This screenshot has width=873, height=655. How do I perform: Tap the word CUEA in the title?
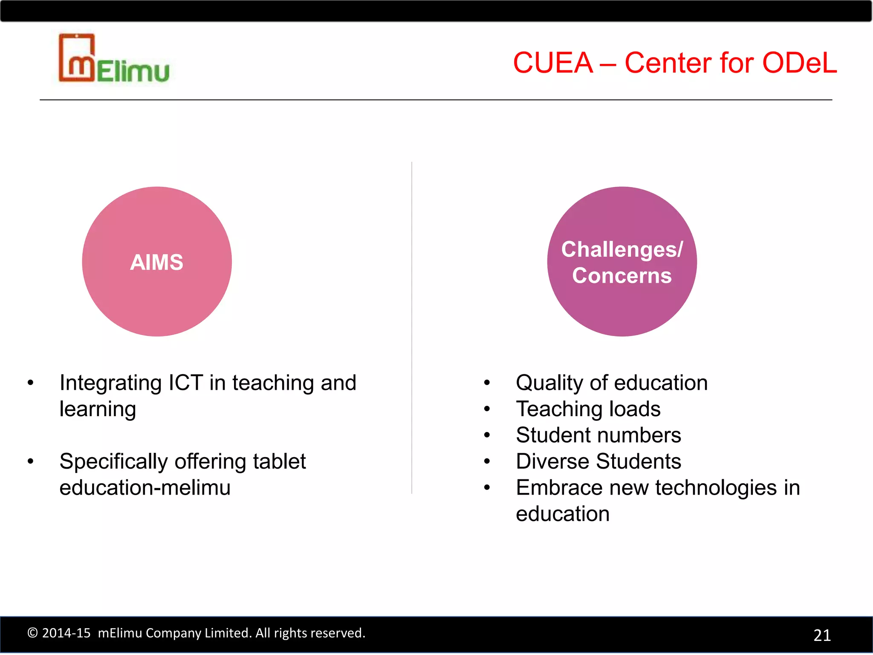tap(553, 63)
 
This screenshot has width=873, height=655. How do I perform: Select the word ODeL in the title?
tap(799, 63)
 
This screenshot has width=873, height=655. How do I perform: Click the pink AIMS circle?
tap(157, 261)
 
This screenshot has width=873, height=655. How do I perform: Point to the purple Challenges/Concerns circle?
tap(622, 261)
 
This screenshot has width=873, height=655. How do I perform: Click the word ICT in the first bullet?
tap(185, 383)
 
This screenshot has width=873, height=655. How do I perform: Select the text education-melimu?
tap(145, 488)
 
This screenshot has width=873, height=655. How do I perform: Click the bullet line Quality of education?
tap(611, 383)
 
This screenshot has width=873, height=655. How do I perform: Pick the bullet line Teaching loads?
tap(588, 409)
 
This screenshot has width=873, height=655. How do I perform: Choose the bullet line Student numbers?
tap(598, 435)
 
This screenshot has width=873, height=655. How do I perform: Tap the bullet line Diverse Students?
tap(598, 461)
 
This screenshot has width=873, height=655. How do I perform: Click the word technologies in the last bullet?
tap(716, 488)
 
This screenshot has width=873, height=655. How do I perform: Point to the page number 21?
tap(822, 635)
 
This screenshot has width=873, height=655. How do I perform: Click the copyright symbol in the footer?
tap(32, 633)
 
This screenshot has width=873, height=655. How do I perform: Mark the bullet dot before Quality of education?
tap(487, 383)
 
